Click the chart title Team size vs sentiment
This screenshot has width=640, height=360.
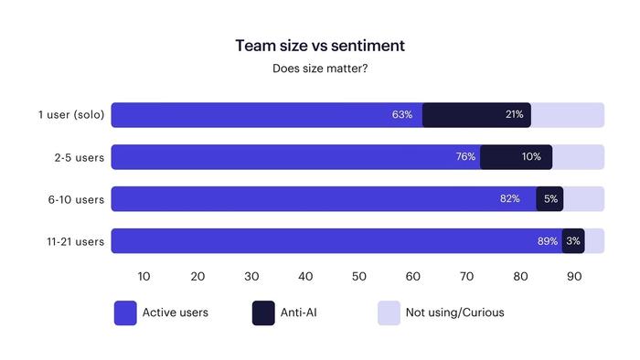click(x=320, y=45)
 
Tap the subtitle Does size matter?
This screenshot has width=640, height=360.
click(x=320, y=69)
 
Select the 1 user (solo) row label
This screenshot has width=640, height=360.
click(x=71, y=115)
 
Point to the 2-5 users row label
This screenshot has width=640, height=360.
click(x=79, y=157)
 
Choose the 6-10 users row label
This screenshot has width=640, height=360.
click(x=77, y=199)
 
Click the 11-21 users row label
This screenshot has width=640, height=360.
click(x=75, y=241)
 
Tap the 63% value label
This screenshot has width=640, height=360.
click(x=402, y=115)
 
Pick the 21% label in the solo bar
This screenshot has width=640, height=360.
click(x=514, y=115)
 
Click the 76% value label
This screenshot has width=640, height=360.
click(x=465, y=157)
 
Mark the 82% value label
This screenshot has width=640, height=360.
click(x=509, y=199)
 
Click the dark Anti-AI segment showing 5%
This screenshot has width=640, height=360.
click(x=549, y=199)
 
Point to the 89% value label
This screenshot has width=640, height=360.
click(x=547, y=241)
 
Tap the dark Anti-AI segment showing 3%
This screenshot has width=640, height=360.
click(x=573, y=241)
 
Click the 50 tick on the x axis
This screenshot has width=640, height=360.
click(x=359, y=276)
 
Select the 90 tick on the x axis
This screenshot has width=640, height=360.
click(x=574, y=276)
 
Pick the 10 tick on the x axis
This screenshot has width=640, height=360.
click(x=144, y=276)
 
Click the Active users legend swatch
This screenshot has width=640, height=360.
click(x=125, y=312)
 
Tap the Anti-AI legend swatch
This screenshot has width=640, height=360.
click(x=263, y=312)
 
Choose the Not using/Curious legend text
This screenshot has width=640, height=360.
click(x=454, y=312)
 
